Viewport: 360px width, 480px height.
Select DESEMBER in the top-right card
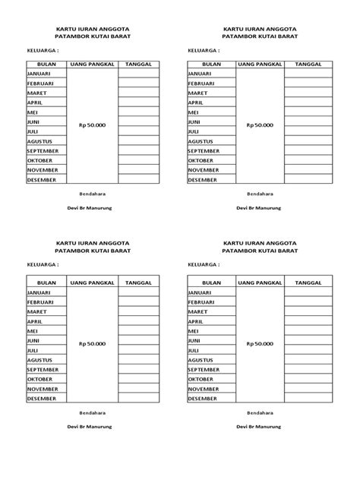pyautogui.click(x=201, y=180)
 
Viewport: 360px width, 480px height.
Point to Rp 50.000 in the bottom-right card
pyautogui.click(x=259, y=344)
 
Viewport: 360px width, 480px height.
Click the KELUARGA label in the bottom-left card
pyautogui.click(x=43, y=265)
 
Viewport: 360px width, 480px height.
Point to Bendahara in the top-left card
pyautogui.click(x=93, y=194)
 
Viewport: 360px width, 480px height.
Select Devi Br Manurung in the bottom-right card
pyautogui.click(x=258, y=426)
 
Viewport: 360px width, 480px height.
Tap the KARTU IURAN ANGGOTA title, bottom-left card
pyautogui.click(x=93, y=242)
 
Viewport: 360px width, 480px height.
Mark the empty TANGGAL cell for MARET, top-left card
pyautogui.click(x=138, y=93)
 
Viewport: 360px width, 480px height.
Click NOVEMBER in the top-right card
pyautogui.click(x=204, y=170)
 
